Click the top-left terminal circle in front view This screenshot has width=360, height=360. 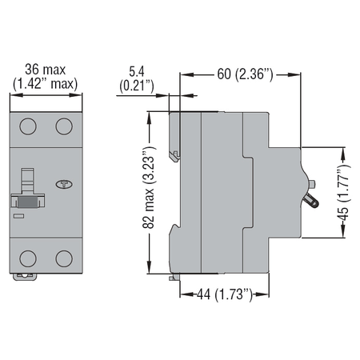point(28,126)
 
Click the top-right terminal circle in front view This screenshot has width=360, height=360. point(64,126)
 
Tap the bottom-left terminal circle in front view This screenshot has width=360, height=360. point(28,258)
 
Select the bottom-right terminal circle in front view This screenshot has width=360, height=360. point(64,258)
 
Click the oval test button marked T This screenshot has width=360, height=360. point(64,184)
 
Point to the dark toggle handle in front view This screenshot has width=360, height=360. point(27,202)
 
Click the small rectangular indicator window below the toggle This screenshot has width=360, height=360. point(18,216)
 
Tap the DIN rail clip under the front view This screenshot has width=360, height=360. point(25,277)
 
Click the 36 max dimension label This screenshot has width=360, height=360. point(46,70)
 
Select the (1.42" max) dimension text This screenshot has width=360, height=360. point(46,84)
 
